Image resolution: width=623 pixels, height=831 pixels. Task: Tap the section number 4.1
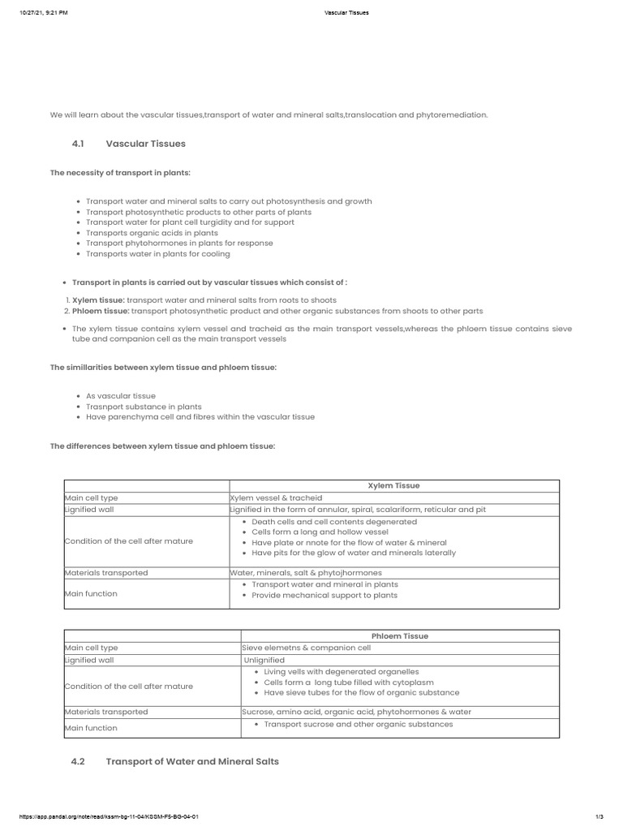(x=78, y=144)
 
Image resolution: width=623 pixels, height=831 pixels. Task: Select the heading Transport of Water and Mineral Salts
(x=192, y=761)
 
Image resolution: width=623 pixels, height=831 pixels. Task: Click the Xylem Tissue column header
(x=393, y=485)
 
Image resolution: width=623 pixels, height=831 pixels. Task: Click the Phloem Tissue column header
(x=399, y=636)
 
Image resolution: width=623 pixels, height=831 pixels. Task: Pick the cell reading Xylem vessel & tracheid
(x=277, y=497)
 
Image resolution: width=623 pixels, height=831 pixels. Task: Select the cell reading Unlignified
(x=264, y=661)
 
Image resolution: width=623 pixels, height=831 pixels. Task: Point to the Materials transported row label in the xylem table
(x=106, y=572)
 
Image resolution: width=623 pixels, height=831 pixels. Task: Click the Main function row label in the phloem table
(x=91, y=728)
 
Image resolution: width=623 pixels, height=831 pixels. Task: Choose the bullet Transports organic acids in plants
(x=152, y=233)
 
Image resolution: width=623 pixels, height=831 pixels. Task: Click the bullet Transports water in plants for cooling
(x=157, y=254)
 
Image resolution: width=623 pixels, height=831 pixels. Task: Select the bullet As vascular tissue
(x=120, y=396)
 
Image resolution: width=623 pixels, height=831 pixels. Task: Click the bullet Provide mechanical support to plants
(x=324, y=595)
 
